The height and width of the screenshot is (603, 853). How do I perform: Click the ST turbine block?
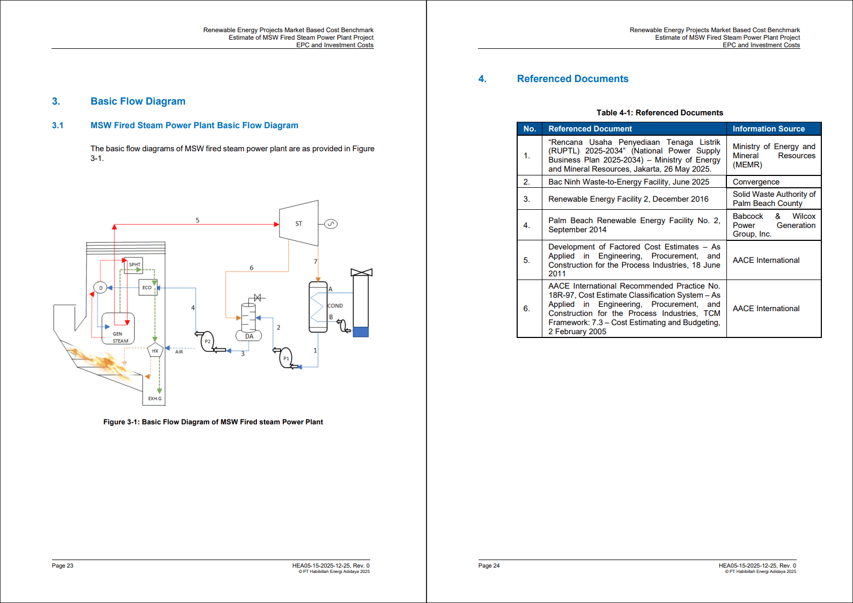coord(299,224)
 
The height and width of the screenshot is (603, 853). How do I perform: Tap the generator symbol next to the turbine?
coord(331,224)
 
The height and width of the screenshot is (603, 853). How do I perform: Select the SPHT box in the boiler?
coord(134,264)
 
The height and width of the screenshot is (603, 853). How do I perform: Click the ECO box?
coord(146,288)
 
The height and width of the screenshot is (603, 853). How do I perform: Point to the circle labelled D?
coord(100,288)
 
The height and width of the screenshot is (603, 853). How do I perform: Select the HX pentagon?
coord(155,351)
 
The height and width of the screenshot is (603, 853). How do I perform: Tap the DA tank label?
coord(249,336)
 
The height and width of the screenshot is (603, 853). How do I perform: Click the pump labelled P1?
coord(285,358)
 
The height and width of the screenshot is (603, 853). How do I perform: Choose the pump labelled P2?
coord(207,341)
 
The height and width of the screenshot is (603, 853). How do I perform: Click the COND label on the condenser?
coord(335,306)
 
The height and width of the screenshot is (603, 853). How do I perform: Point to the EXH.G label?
coord(155,399)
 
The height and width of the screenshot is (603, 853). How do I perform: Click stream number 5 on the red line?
coord(197,220)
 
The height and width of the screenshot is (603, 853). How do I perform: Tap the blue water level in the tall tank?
coord(361,332)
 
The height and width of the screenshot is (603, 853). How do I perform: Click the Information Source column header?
coord(768,129)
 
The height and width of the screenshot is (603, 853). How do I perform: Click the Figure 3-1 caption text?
coord(213,422)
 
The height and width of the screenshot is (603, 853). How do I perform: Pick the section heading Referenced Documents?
coord(572,79)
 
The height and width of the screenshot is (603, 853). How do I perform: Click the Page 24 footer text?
coord(489,565)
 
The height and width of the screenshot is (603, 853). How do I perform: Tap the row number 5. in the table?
coord(526,260)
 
